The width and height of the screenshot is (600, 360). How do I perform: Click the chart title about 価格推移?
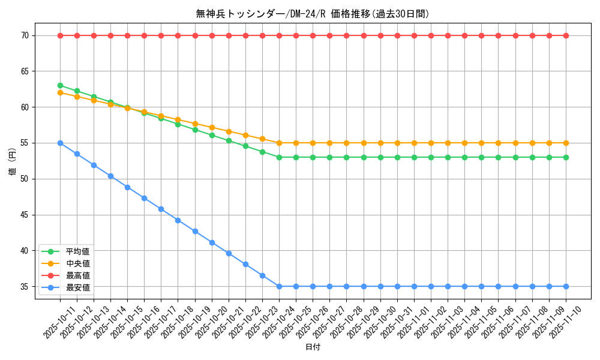pyautogui.click(x=313, y=14)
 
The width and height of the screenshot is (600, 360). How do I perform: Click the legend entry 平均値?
pyautogui.click(x=77, y=251)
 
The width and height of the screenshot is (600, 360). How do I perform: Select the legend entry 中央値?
pyautogui.click(x=77, y=263)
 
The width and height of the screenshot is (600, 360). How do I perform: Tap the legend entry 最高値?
pyautogui.click(x=77, y=275)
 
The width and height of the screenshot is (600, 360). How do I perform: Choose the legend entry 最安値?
pyautogui.click(x=77, y=287)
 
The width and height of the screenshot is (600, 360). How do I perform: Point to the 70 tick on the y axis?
pyautogui.click(x=25, y=35)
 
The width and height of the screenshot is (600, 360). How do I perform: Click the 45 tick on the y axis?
pyautogui.click(x=25, y=215)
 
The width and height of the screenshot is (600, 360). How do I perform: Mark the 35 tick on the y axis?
pyautogui.click(x=25, y=286)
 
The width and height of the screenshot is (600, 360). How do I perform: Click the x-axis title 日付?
pyautogui.click(x=313, y=347)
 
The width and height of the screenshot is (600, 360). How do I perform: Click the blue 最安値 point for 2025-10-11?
pyautogui.click(x=60, y=143)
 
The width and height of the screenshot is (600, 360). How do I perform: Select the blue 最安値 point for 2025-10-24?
pyautogui.click(x=279, y=286)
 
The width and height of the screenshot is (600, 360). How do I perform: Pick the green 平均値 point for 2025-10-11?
pyautogui.click(x=60, y=85)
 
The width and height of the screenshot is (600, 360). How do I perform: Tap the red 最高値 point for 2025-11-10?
pyautogui.click(x=566, y=35)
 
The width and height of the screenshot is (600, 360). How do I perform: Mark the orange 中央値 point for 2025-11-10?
pyautogui.click(x=566, y=143)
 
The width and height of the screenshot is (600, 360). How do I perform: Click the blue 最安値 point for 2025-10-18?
pyautogui.click(x=178, y=220)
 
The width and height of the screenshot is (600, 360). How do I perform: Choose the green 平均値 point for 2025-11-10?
pyautogui.click(x=566, y=157)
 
